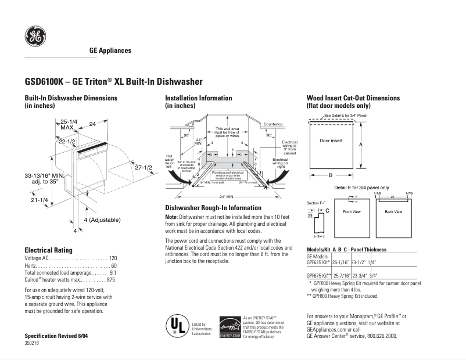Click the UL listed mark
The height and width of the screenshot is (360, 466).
[178, 326]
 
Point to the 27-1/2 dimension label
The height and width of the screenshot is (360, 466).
[143, 168]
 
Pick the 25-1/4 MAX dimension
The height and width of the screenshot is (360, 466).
[68, 124]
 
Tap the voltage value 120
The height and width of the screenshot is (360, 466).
[113, 257]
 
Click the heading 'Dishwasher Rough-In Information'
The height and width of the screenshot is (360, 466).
[213, 208]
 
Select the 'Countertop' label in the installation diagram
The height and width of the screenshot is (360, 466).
[273, 125]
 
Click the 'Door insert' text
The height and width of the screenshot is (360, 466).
[331, 141]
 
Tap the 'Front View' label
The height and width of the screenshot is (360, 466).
[352, 211]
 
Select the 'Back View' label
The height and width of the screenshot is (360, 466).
[393, 211]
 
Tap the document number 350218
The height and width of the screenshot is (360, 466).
[32, 343]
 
